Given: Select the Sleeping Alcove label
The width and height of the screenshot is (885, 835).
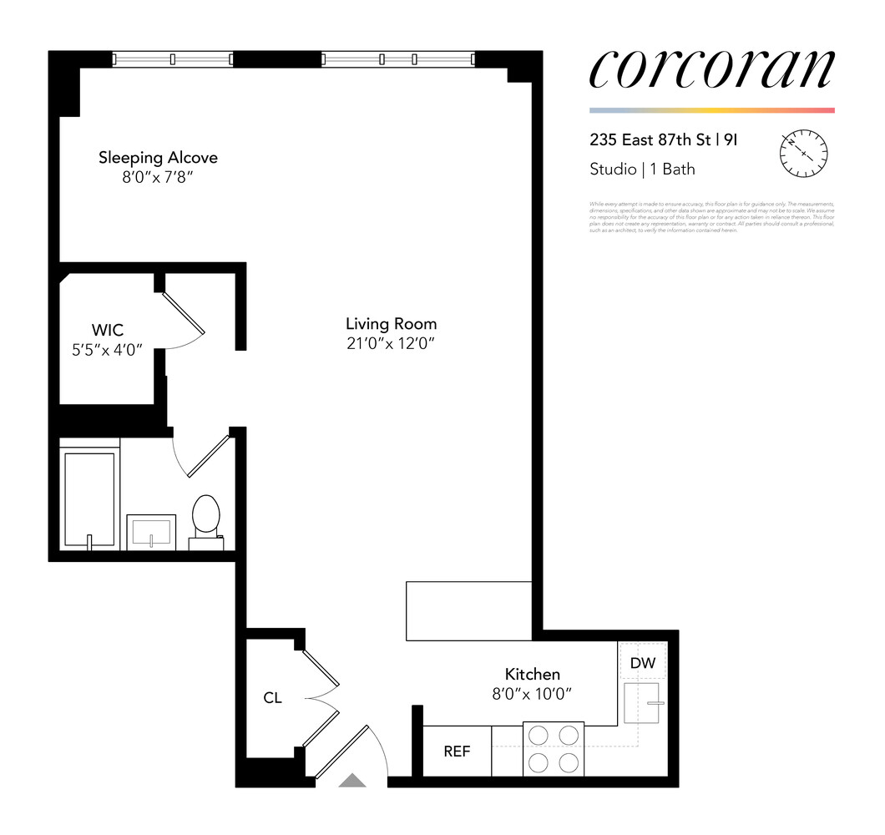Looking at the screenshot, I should click(x=158, y=157).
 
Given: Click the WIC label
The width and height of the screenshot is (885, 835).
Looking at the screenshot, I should click(x=108, y=331).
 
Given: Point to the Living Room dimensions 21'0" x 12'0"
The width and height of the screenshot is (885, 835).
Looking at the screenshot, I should click(x=391, y=342).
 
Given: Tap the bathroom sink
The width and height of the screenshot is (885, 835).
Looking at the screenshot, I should click(x=151, y=531).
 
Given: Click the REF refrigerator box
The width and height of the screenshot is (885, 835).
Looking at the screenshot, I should click(x=457, y=751).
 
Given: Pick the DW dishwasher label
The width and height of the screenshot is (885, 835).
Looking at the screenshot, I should click(x=643, y=664).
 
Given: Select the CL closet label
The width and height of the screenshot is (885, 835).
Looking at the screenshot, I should click(x=272, y=697).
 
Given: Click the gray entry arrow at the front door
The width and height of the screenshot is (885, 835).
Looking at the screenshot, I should click(x=352, y=781).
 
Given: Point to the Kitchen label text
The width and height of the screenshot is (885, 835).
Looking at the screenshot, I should click(x=532, y=674).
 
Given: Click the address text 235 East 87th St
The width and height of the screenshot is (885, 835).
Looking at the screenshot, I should click(x=648, y=140).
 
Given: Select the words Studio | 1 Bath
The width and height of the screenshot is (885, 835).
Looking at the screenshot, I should click(x=642, y=170).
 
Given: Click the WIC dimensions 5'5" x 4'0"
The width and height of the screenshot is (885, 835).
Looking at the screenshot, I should click(x=108, y=350).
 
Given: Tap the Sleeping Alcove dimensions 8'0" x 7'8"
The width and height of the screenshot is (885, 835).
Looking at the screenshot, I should click(x=158, y=177).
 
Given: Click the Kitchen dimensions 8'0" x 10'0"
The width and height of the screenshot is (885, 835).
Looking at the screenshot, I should click(x=532, y=693).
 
